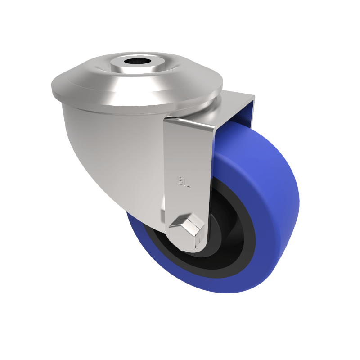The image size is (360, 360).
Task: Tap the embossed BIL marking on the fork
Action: point(183,181)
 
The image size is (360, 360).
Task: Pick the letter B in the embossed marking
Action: point(180,181)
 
